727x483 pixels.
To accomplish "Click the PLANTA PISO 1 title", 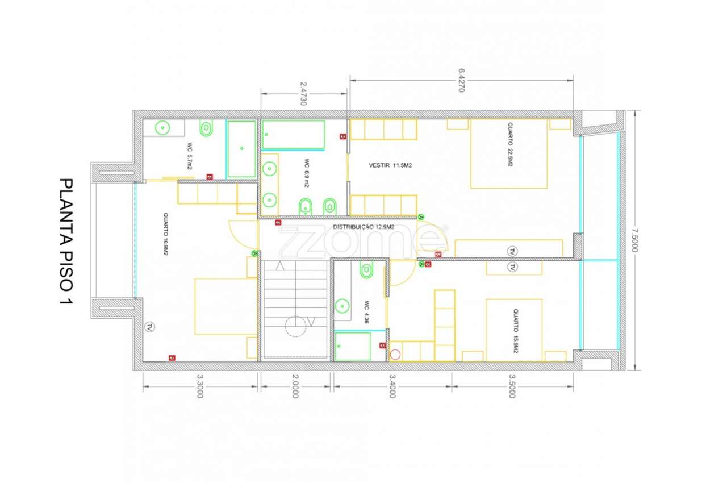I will click(66, 241).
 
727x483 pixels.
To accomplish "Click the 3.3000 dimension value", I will click(199, 386).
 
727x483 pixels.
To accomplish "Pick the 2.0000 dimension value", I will click(295, 386).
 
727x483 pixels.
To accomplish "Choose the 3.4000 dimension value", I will click(391, 386).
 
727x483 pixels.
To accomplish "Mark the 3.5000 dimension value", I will click(512, 386).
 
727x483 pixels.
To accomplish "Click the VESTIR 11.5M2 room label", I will click(390, 165).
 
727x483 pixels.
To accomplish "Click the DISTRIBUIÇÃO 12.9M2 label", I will click(364, 227).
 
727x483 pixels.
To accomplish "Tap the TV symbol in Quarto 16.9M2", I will click(149, 327).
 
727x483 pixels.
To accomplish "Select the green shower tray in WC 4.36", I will click(352, 347).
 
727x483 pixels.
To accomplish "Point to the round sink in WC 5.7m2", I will click(163, 128).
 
